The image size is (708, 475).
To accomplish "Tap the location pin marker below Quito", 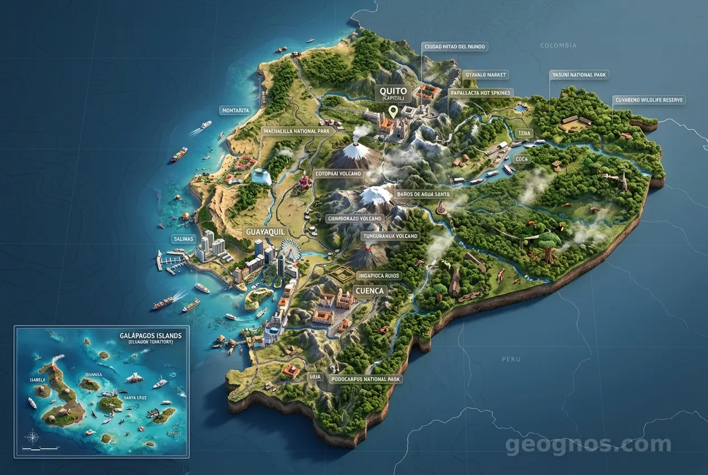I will [x=393, y=111].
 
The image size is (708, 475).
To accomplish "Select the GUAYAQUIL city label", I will [x=265, y=231].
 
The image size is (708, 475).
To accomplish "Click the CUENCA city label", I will [x=370, y=291].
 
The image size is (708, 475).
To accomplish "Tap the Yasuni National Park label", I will [x=579, y=74].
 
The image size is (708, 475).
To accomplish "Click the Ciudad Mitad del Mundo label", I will [x=455, y=46].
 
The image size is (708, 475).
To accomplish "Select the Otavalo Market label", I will [x=485, y=74].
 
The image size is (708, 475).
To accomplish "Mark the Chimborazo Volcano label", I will [x=355, y=218].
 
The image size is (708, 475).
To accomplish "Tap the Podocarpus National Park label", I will [x=366, y=379].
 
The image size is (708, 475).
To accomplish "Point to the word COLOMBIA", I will [x=558, y=45].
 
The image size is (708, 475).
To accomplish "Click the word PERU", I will [x=511, y=359].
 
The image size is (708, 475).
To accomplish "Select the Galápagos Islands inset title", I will [x=151, y=335].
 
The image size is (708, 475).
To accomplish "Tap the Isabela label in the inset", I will [x=38, y=380].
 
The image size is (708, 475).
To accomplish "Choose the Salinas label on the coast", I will [x=183, y=239].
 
